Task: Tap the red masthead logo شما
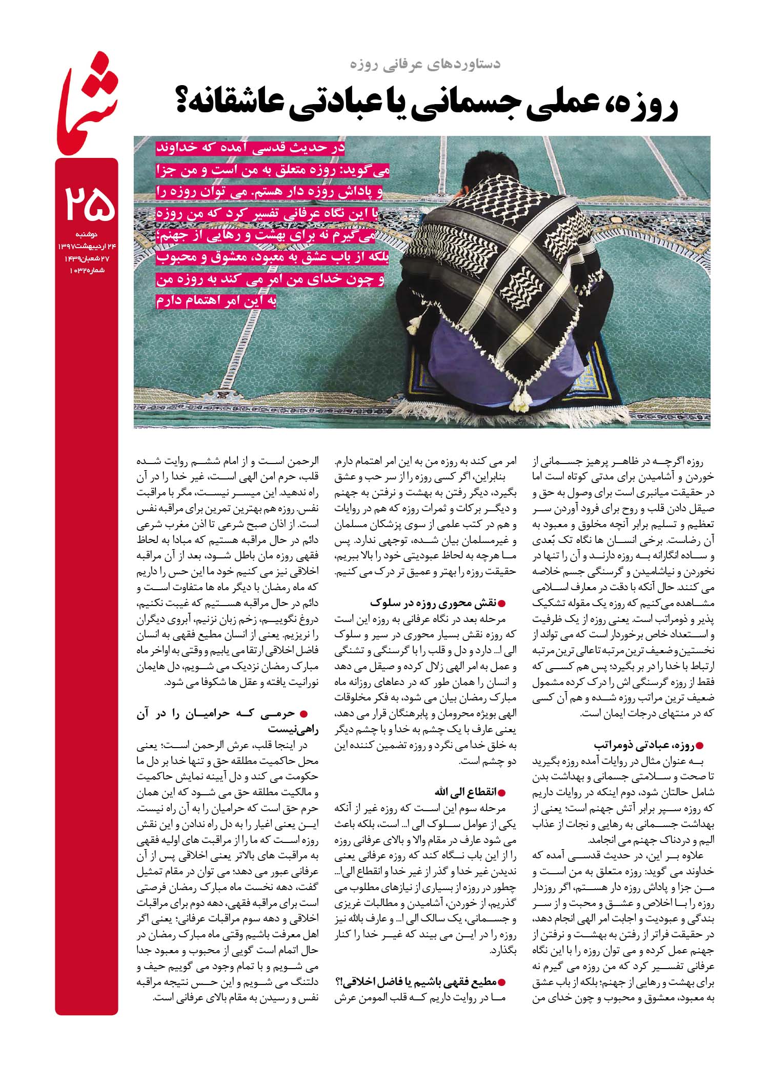pyautogui.click(x=87, y=110)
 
